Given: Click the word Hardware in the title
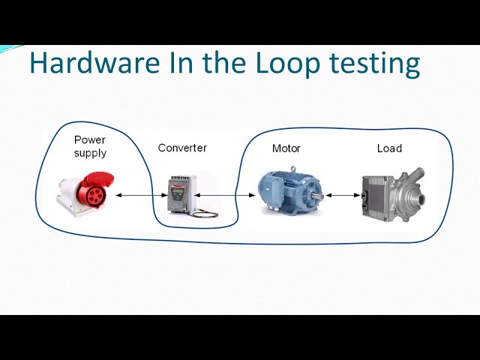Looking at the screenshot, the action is [95, 62].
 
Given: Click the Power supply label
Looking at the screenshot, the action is [90, 146].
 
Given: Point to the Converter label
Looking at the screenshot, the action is [182, 148].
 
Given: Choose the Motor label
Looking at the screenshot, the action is [286, 148].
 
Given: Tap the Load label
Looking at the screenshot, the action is [389, 148].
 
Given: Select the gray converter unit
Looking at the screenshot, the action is [181, 194].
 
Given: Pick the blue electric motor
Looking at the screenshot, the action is [290, 192].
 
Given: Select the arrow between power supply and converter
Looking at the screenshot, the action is [142, 195].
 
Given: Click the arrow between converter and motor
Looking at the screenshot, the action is [225, 195].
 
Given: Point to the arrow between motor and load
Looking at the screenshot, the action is [343, 195].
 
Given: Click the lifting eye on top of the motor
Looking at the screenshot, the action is [293, 169].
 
